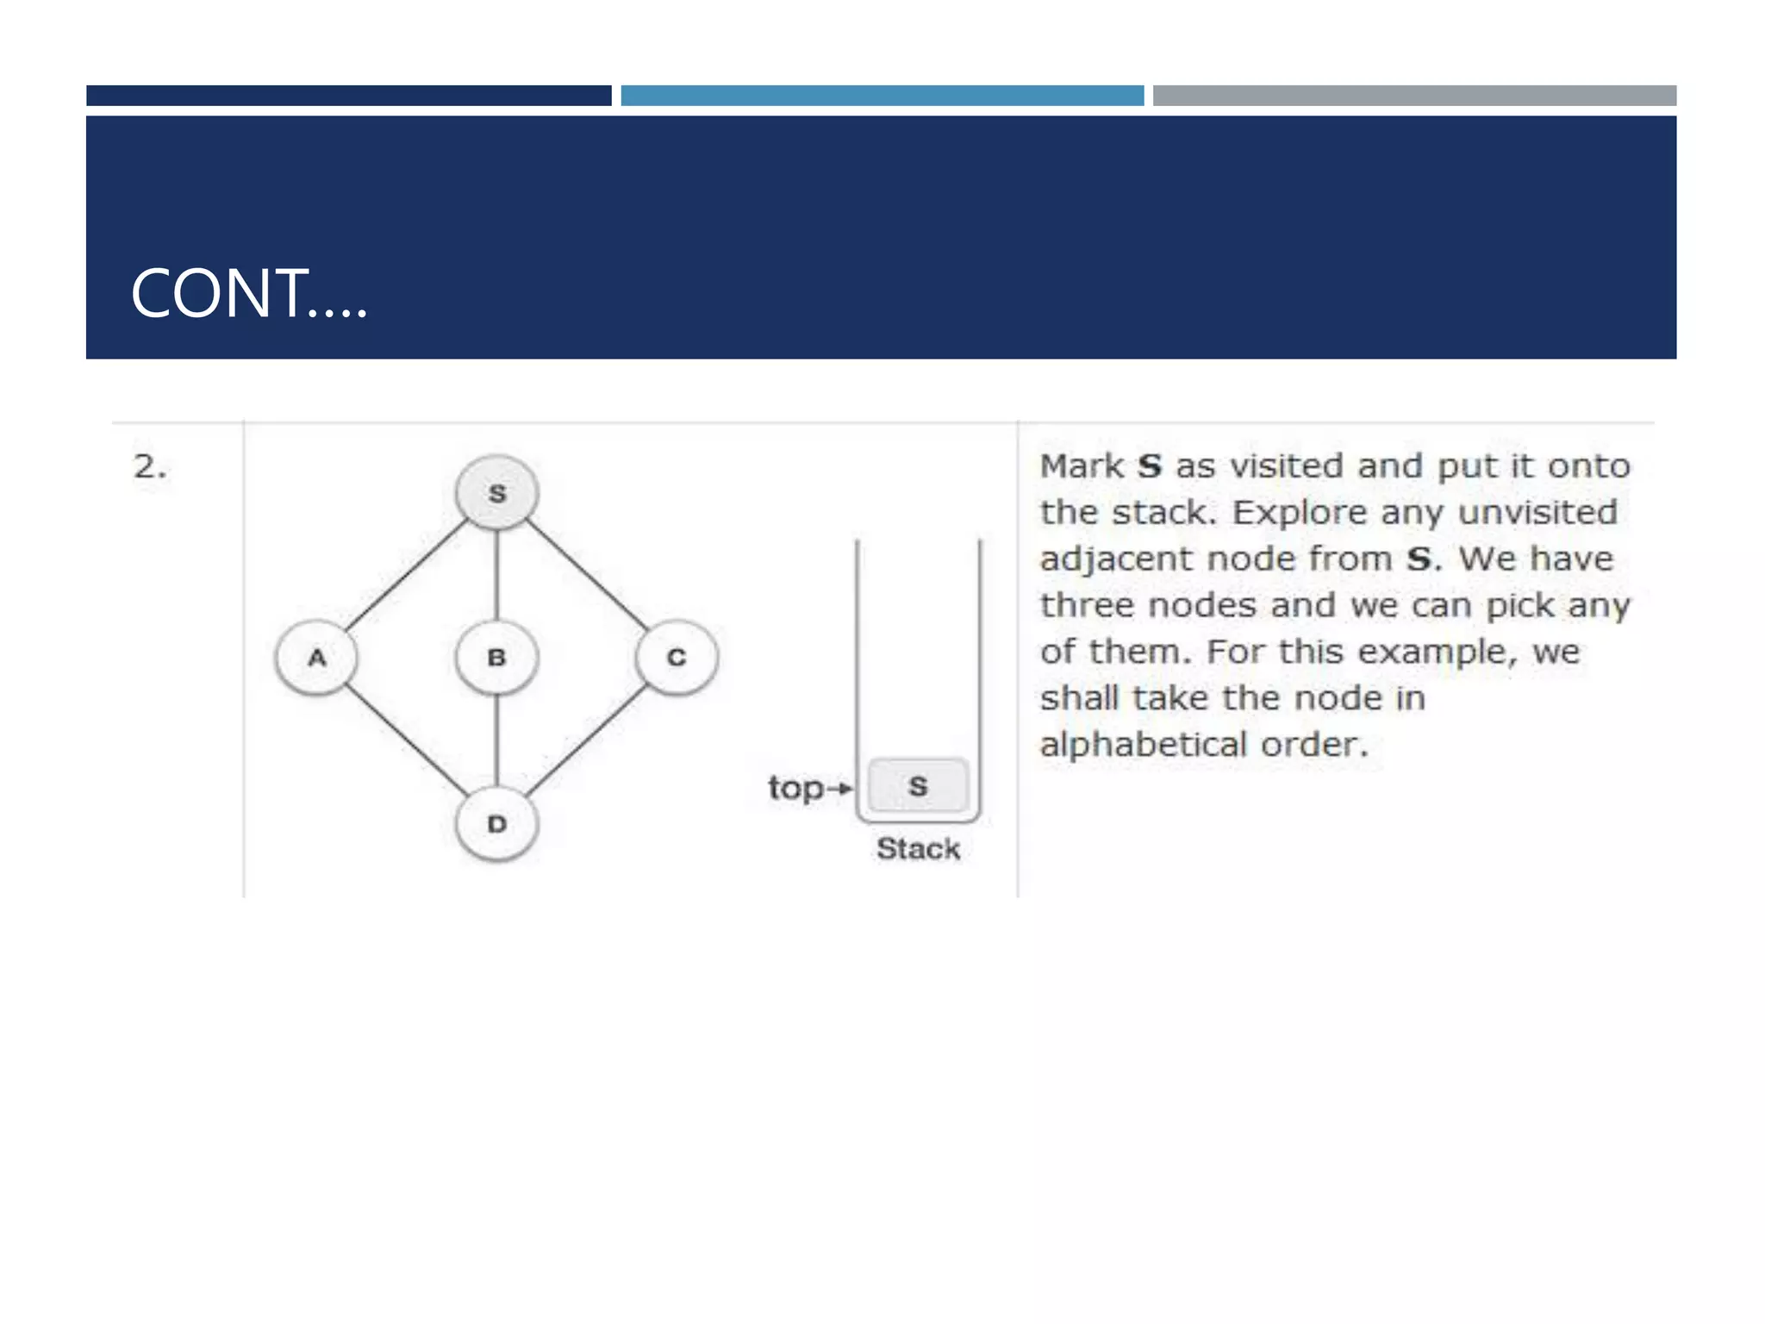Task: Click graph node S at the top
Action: coord(496,493)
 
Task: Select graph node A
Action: coord(316,658)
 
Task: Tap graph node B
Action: coord(496,658)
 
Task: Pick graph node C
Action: coord(677,658)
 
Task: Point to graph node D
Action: coord(496,824)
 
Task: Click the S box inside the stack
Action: coord(918,785)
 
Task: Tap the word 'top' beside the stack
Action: coord(795,788)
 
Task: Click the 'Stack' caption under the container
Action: coord(918,849)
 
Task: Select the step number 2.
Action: coord(149,467)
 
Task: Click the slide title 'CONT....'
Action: coord(249,294)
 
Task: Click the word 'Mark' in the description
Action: coord(1081,466)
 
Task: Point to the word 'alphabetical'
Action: coord(1143,745)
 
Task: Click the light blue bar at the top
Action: coord(882,96)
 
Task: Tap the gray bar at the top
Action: coord(1414,96)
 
